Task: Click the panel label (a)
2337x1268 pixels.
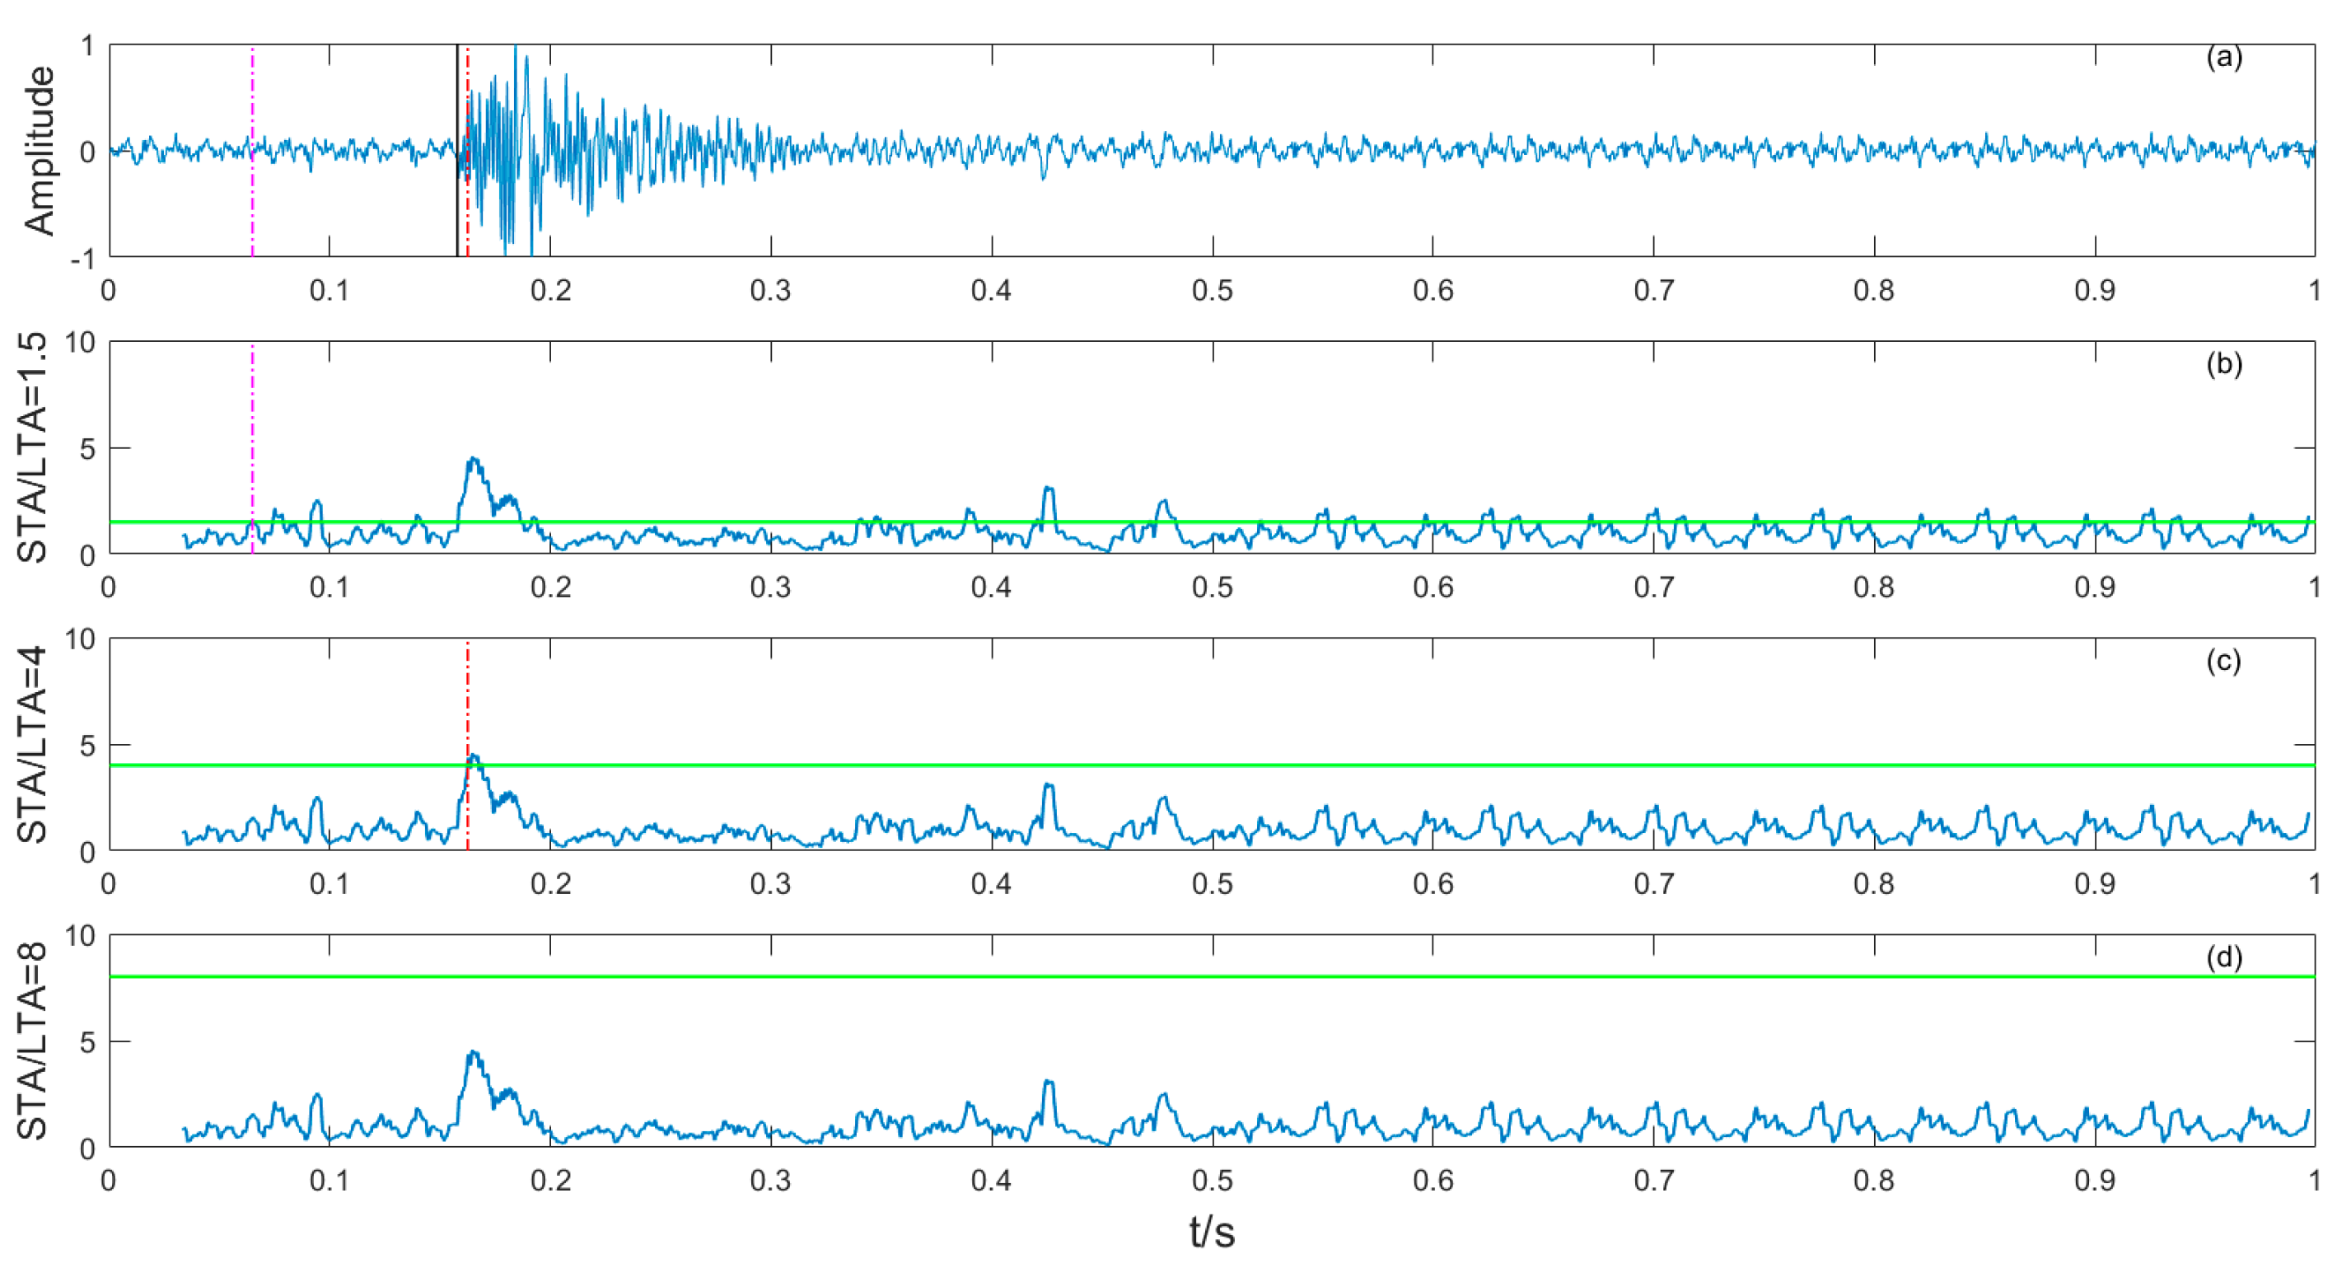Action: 2222,58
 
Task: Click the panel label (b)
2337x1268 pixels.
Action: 2222,364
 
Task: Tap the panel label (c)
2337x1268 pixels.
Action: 2222,661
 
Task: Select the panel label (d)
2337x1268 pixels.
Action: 2222,957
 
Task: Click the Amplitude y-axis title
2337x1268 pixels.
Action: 39,151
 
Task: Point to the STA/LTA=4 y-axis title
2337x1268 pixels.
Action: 33,744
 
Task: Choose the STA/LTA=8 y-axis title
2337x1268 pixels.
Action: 33,1041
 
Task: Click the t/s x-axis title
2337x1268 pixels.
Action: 1211,1232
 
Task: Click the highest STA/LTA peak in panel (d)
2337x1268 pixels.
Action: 473,1053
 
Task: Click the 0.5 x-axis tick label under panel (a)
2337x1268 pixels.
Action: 1212,291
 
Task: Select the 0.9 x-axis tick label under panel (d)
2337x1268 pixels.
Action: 2095,1181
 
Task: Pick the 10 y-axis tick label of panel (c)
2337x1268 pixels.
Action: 80,639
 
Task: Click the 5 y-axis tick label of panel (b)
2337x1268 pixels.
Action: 87,448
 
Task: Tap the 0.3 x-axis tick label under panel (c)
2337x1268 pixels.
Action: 770,884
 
